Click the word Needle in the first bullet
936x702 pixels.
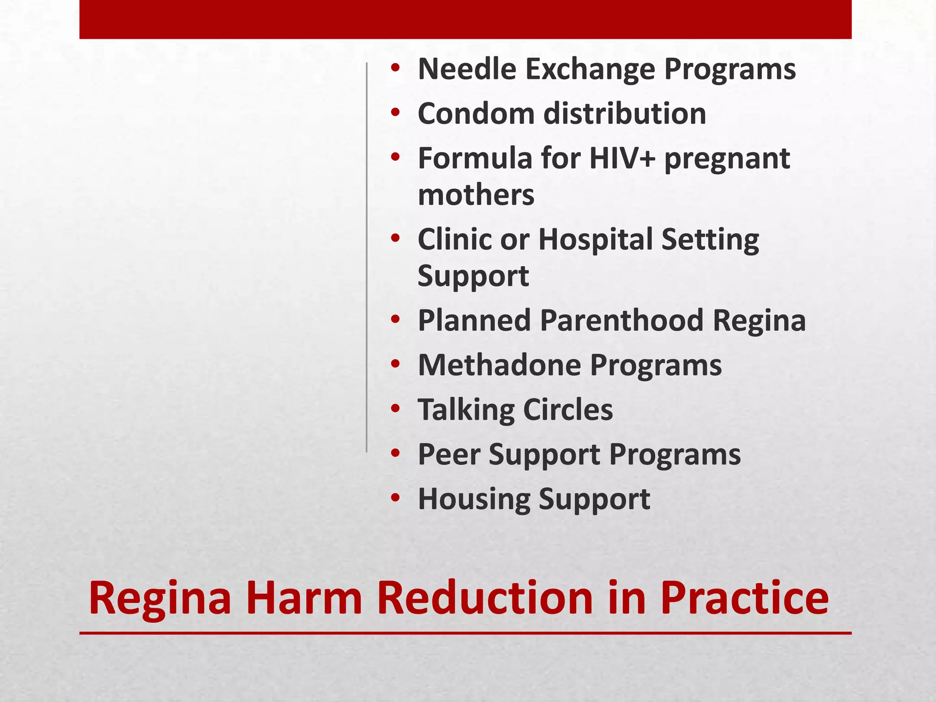pyautogui.click(x=467, y=69)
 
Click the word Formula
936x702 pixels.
pyautogui.click(x=475, y=159)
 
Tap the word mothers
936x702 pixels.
pyautogui.click(x=476, y=195)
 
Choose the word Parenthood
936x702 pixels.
pyautogui.click(x=622, y=320)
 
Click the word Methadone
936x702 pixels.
pyautogui.click(x=500, y=365)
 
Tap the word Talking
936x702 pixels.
pyautogui.click(x=466, y=410)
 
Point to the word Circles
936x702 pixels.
pyautogui.click(x=568, y=410)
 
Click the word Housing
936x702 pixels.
pyautogui.click(x=473, y=499)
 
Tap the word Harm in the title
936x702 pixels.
pyautogui.click(x=304, y=598)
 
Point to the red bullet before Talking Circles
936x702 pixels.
pyautogui.click(x=395, y=408)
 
